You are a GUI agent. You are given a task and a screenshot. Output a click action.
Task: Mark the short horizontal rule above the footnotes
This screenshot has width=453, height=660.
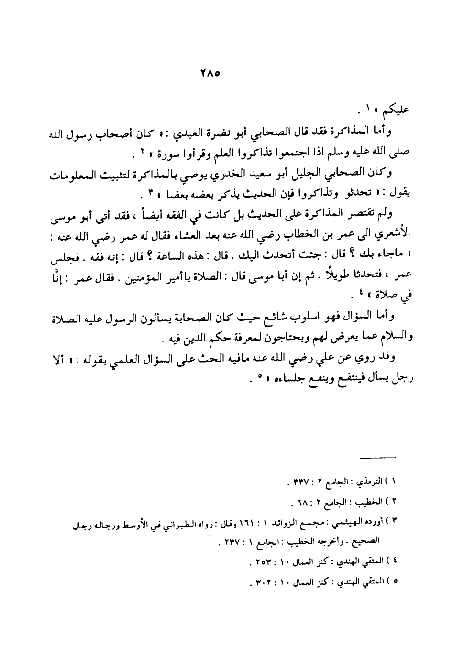(x=378, y=458)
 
